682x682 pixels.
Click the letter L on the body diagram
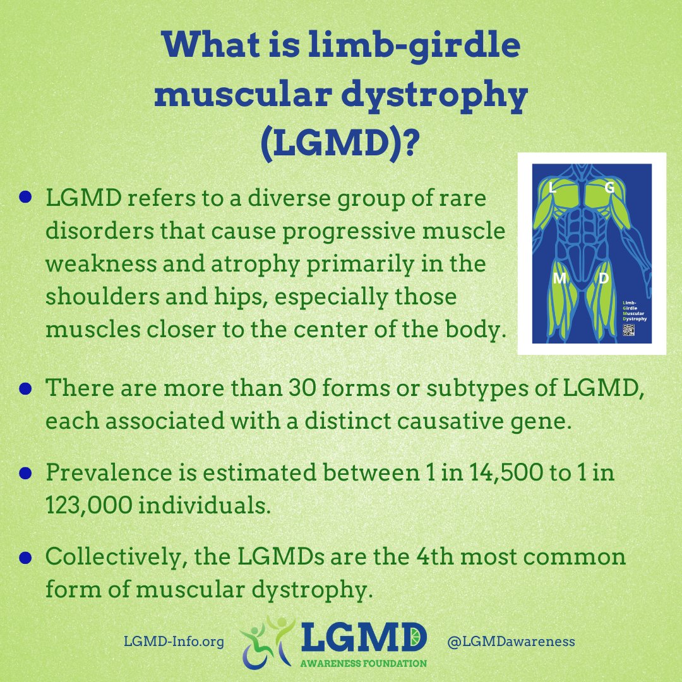pyautogui.click(x=553, y=188)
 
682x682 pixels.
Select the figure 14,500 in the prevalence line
pyautogui.click(x=487, y=473)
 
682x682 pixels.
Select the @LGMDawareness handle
pyautogui.click(x=511, y=642)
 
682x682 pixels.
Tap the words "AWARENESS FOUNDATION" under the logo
pyautogui.click(x=363, y=664)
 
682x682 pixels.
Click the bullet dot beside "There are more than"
pyautogui.click(x=25, y=387)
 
